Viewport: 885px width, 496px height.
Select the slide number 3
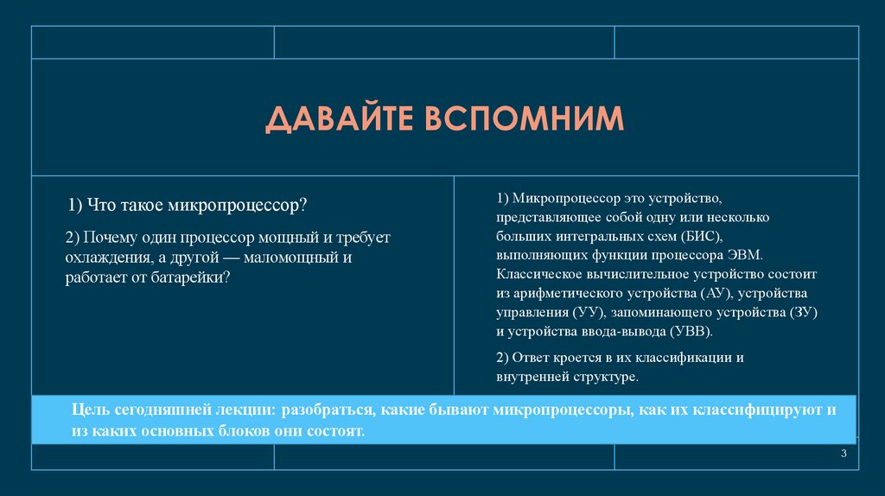[844, 455]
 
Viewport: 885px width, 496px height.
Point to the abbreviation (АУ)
[710, 294]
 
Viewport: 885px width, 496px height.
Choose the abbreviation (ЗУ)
[803, 313]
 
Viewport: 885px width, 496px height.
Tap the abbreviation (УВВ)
[691, 332]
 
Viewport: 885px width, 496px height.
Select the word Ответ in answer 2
[532, 358]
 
